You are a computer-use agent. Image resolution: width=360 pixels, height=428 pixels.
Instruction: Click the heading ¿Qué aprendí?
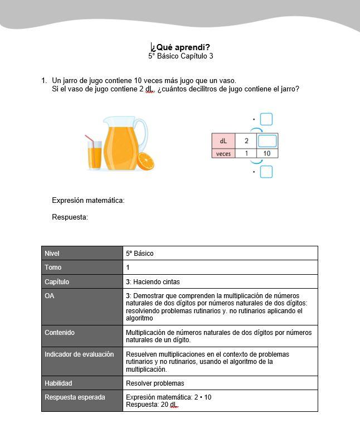pos(181,47)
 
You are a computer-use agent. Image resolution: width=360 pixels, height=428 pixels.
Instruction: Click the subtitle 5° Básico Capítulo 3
pos(181,56)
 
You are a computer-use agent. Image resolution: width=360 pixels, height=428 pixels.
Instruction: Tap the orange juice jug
pos(124,143)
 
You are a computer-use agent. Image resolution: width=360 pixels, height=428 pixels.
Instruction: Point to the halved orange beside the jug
pos(145,162)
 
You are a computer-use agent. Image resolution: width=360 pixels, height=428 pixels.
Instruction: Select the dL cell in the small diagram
pos(223,141)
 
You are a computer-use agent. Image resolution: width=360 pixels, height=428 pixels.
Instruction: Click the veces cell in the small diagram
pos(223,153)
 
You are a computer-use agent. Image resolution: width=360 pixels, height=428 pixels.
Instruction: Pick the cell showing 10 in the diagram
pos(267,153)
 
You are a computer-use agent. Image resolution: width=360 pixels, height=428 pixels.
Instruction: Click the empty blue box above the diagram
pos(266,119)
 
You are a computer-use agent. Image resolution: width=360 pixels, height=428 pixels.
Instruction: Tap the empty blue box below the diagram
pos(266,172)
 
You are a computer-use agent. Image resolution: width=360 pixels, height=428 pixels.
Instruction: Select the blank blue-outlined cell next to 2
pos(267,141)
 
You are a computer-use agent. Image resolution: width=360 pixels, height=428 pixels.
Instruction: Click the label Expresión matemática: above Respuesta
pos(88,201)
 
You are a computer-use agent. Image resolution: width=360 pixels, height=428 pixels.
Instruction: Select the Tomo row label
pos(53,267)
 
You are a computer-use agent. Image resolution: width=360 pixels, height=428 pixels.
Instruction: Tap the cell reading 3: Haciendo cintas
pos(153,282)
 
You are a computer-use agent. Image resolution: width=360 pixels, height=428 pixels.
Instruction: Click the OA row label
pos(50,296)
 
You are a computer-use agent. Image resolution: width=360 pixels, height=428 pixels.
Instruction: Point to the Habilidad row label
pos(59,383)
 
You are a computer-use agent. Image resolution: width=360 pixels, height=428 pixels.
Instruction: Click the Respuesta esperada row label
pos(75,397)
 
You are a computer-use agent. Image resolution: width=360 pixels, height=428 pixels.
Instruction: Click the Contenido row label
pos(60,333)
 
